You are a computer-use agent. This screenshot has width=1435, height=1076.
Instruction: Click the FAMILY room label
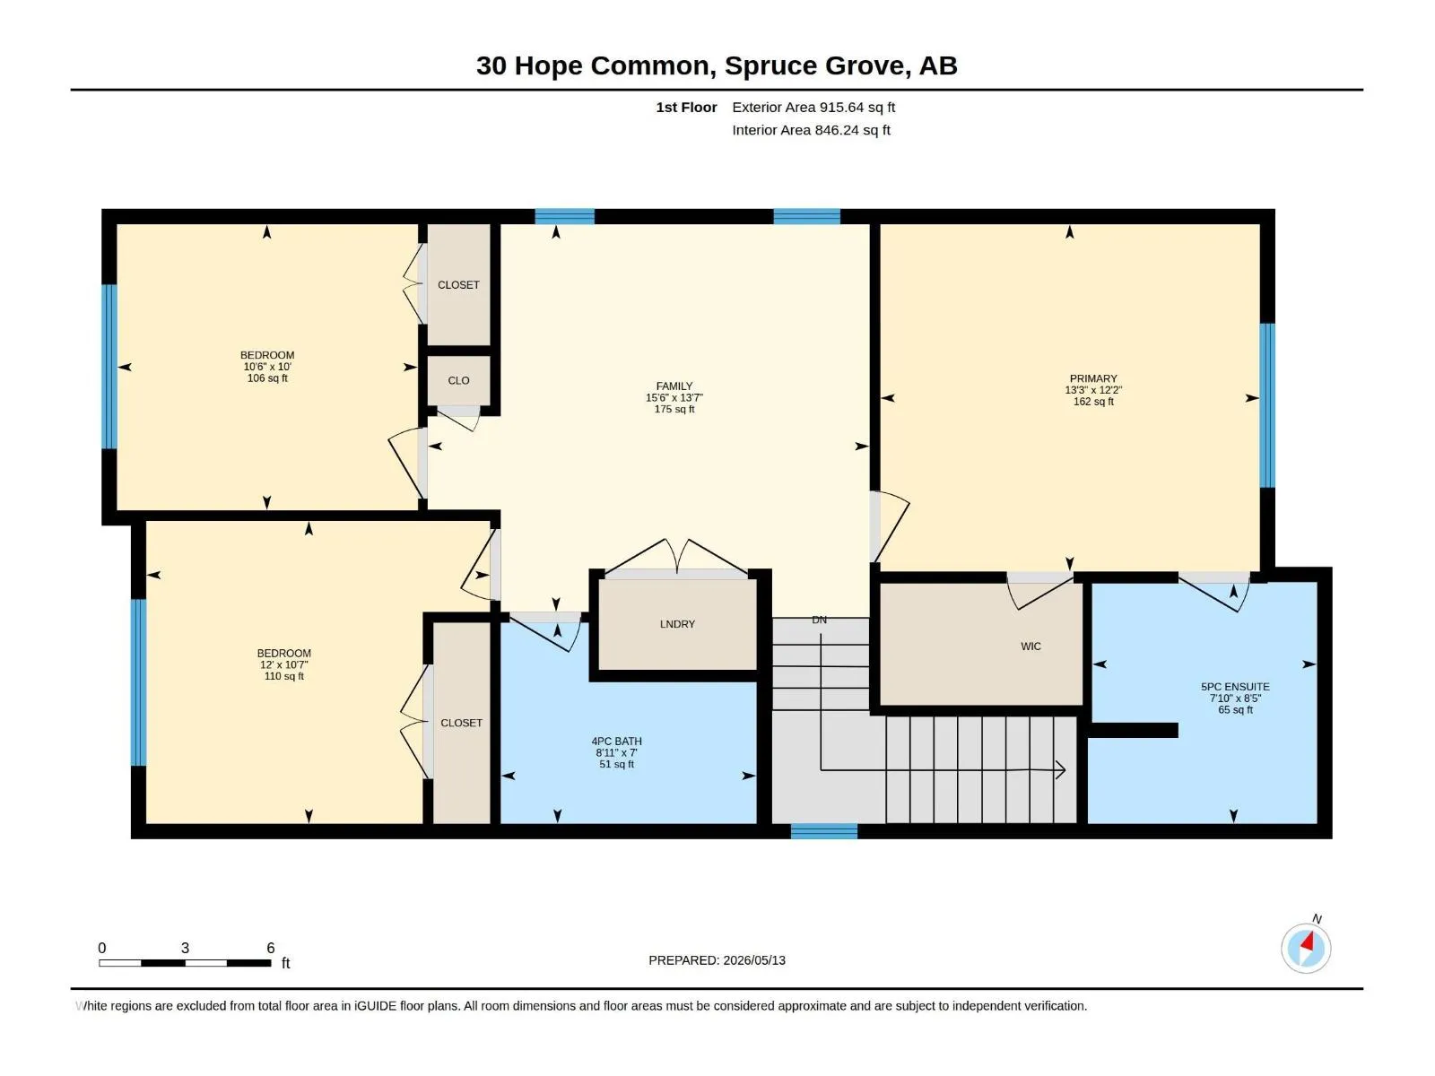(674, 386)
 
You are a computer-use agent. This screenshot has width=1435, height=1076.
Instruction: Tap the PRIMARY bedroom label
(1093, 378)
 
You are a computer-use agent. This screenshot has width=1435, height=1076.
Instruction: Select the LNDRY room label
(677, 624)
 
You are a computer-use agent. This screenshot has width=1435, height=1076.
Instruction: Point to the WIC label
(1031, 646)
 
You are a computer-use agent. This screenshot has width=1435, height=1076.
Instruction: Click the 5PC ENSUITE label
(1235, 687)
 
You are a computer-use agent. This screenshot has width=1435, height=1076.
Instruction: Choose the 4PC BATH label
(616, 741)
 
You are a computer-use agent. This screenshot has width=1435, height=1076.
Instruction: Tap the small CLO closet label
(458, 380)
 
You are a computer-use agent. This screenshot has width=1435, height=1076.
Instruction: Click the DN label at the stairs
(819, 620)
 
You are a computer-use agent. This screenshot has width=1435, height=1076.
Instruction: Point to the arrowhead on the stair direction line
(1060, 769)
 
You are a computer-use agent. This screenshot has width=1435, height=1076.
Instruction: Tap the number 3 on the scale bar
(185, 947)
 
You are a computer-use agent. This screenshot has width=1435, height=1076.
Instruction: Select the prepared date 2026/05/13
(754, 960)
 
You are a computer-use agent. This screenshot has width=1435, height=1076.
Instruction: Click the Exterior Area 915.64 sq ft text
(813, 107)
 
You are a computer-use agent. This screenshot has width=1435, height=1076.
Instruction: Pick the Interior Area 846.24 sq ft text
(811, 130)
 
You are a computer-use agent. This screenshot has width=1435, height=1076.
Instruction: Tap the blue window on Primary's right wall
(1267, 405)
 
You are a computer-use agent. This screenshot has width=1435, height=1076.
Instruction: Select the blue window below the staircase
(823, 831)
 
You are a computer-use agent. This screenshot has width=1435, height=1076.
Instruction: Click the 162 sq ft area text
(1093, 401)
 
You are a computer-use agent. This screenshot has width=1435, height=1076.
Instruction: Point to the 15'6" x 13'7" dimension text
(674, 397)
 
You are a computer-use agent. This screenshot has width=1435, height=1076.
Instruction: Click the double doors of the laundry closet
(676, 557)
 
